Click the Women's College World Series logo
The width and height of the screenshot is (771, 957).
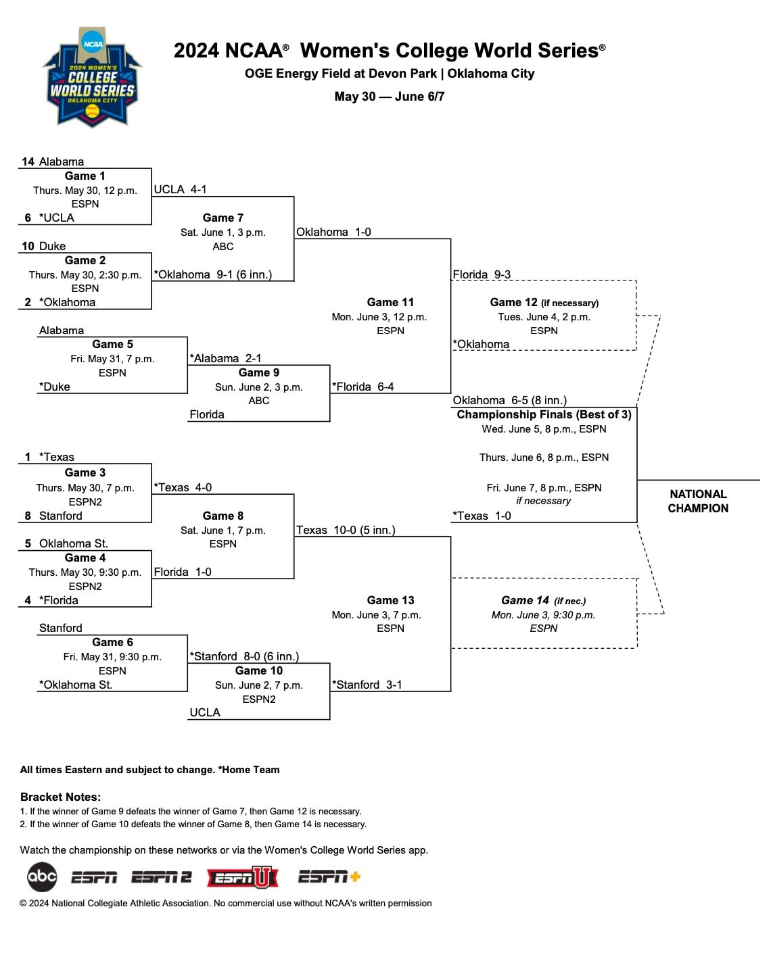tap(93, 78)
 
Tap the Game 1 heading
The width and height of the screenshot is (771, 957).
tap(85, 176)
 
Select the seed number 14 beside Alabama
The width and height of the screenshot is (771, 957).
tap(28, 162)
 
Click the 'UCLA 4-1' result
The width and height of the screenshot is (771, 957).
tap(180, 189)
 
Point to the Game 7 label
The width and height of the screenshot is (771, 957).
tap(223, 218)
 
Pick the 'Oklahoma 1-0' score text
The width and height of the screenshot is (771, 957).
tap(333, 232)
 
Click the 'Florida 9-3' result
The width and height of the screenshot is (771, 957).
tap(482, 274)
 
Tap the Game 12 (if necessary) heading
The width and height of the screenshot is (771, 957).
tap(544, 302)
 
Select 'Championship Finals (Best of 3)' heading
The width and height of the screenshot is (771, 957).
tap(544, 414)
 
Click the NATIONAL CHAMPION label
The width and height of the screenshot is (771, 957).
tap(698, 501)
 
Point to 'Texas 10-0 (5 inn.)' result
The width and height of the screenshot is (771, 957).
tap(346, 530)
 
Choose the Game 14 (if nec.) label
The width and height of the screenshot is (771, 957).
tap(543, 600)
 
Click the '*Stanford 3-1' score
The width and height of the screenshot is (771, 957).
tap(367, 685)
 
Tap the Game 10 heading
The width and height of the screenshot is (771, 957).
tap(258, 670)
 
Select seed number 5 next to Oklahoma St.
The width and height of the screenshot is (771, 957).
tap(28, 543)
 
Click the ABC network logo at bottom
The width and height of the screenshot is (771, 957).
tap(42, 877)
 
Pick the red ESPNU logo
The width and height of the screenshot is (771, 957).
tap(242, 877)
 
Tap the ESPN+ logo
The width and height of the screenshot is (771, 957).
tap(329, 877)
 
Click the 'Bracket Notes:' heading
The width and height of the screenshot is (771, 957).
tap(60, 797)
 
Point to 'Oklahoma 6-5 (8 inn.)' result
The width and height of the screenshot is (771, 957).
tap(509, 400)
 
